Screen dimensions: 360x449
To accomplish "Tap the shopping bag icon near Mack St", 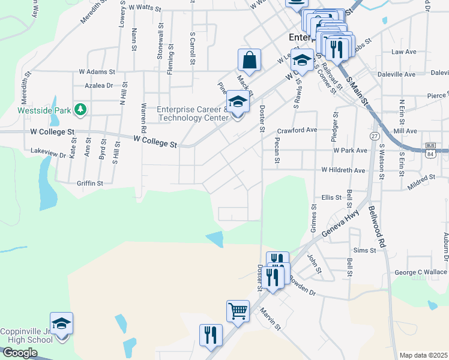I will pyautogui.click(x=249, y=60).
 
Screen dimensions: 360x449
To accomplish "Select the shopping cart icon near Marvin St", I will pyautogui.click(x=238, y=311).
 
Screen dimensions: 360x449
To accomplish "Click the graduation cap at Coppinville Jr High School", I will pyautogui.click(x=61, y=324).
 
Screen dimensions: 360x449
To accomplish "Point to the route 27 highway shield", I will pyautogui.click(x=375, y=136).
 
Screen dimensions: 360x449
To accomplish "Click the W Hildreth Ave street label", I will pyautogui.click(x=343, y=170).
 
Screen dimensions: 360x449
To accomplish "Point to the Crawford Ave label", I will pyautogui.click(x=297, y=130).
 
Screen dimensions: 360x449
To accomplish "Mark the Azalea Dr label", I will pyautogui.click(x=98, y=86).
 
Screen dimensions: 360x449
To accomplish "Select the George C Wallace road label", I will pyautogui.click(x=421, y=272).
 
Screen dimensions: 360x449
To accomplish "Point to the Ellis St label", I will pyautogui.click(x=331, y=197).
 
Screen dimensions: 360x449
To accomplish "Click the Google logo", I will pyautogui.click(x=19, y=353).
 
